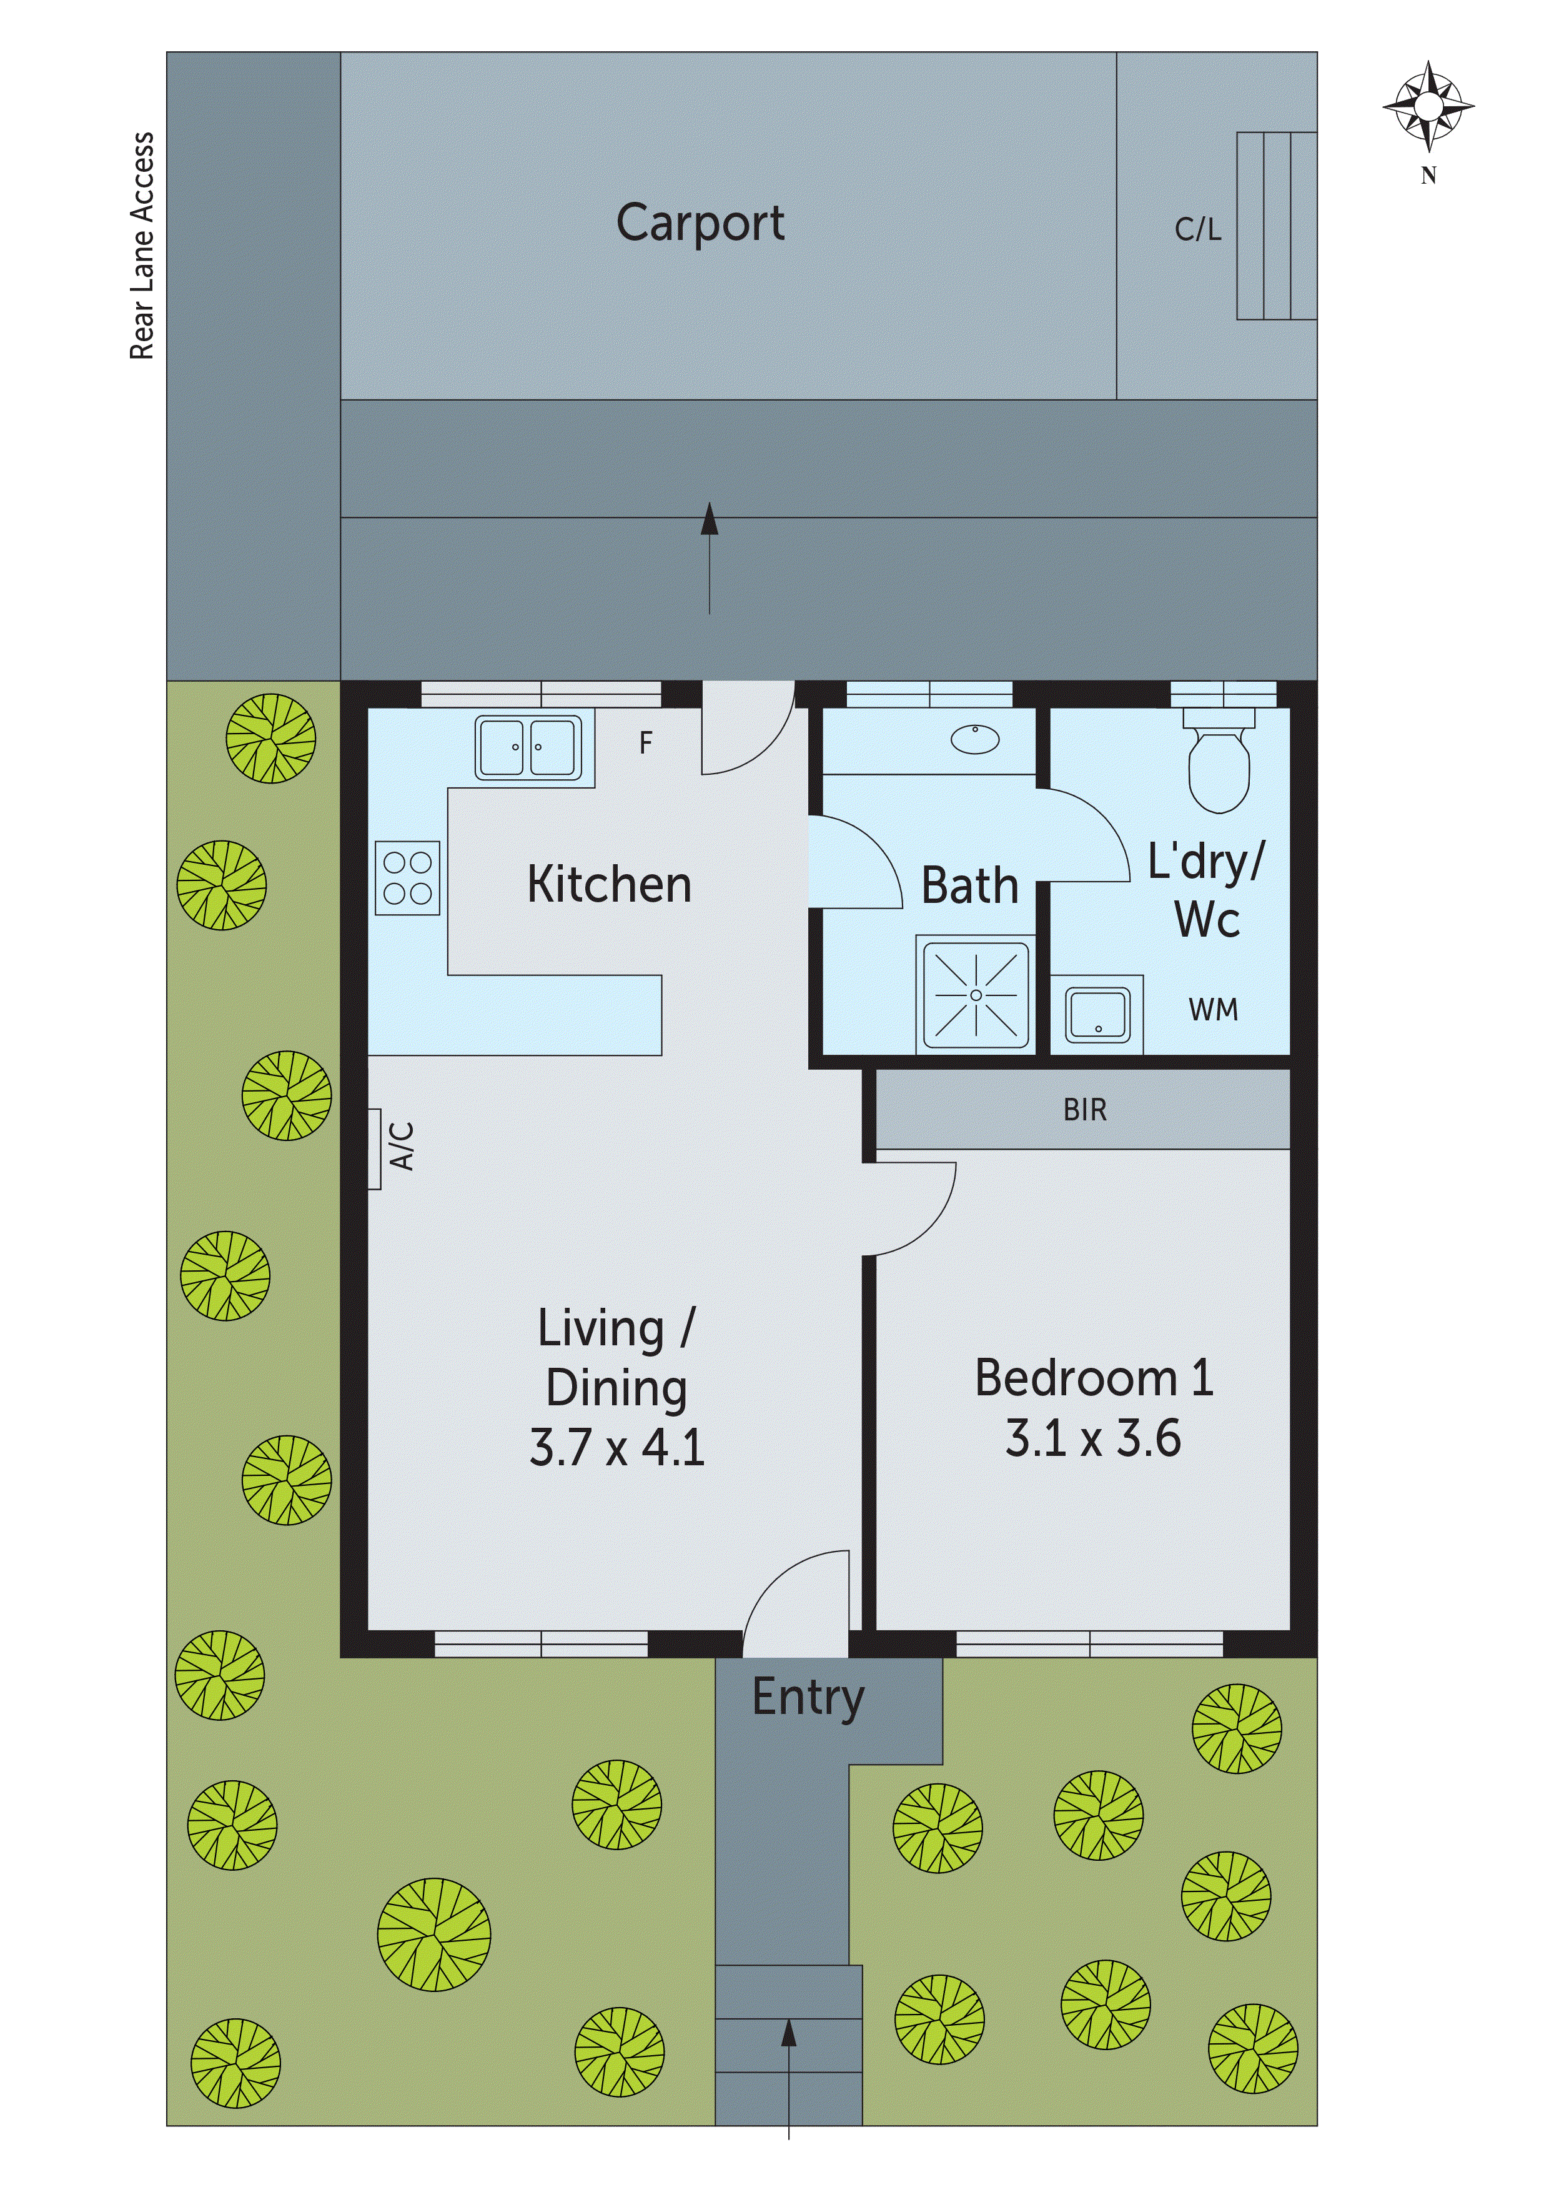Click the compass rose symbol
tap(1428, 107)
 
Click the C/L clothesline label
tap(1198, 230)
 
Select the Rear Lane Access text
tap(142, 246)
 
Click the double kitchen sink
tap(528, 747)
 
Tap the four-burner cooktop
tap(407, 877)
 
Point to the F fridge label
tap(646, 743)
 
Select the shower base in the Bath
tap(976, 995)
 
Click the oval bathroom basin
tap(974, 739)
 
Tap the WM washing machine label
tap(1213, 1010)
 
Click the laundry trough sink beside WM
tap(1097, 1014)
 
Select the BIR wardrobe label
tap(1084, 1110)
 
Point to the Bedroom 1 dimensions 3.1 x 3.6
tap(1093, 1439)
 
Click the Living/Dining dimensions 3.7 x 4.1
tap(616, 1447)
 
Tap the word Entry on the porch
tap(808, 1698)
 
